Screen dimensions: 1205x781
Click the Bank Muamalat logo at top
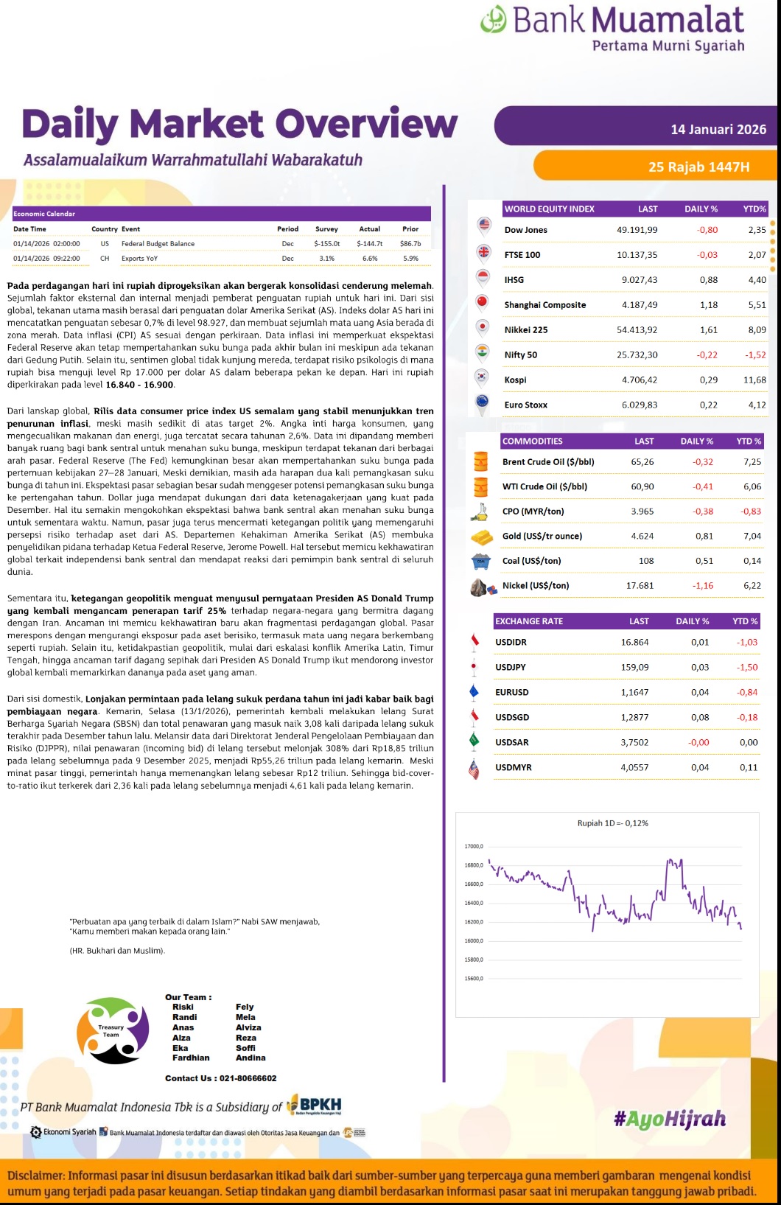(612, 28)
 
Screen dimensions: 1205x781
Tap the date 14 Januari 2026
(718, 130)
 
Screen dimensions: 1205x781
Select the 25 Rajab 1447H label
(698, 167)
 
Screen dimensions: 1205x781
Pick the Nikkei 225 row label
(525, 330)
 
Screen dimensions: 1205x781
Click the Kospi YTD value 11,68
(754, 380)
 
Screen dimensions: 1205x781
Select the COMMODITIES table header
(532, 441)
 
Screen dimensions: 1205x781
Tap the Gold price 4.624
(642, 537)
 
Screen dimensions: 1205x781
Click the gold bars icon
(481, 537)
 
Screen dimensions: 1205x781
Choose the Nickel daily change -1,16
(703, 586)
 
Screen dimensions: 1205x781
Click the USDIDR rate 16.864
(634, 643)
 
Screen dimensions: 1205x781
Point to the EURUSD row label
(511, 693)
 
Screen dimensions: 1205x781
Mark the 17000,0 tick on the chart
(474, 846)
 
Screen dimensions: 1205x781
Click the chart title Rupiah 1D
(612, 823)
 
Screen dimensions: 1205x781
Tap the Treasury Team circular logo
(113, 1030)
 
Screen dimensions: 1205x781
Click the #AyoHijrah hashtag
(669, 1120)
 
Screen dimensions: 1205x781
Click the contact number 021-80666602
(248, 1078)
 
